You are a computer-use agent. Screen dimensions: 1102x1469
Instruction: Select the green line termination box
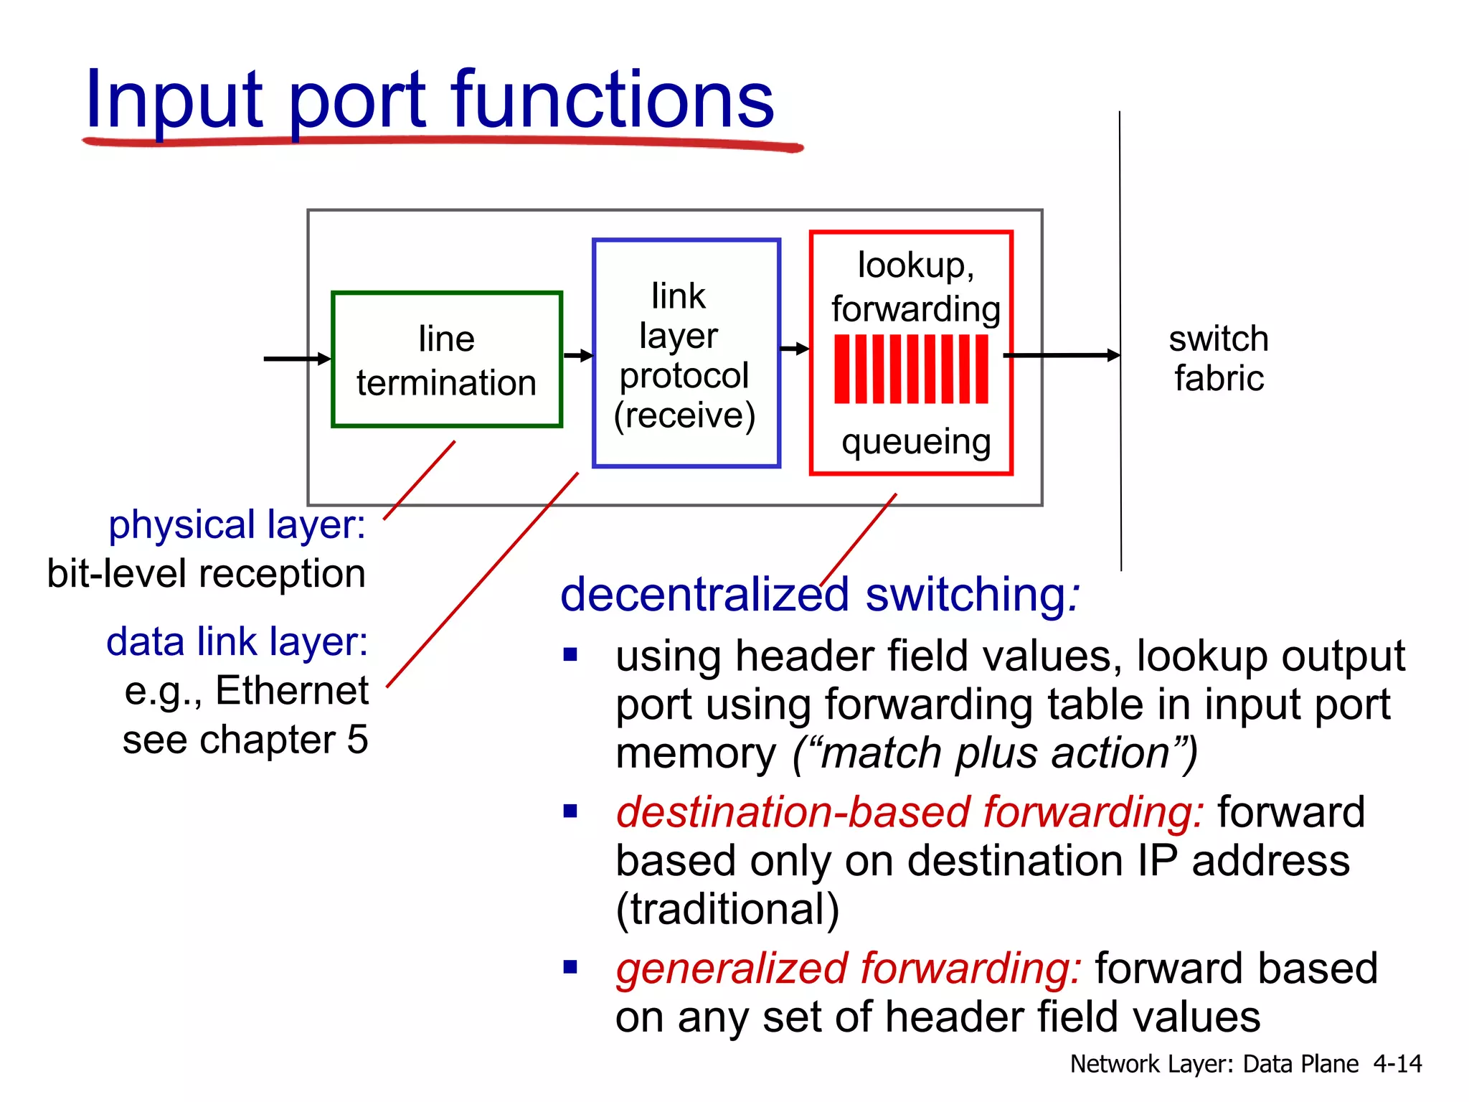(x=446, y=359)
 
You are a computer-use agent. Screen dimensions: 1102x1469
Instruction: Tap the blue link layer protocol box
(x=686, y=353)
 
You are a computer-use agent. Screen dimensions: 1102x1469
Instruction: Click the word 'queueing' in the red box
(x=916, y=442)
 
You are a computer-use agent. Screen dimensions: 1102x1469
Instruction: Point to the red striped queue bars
(x=911, y=369)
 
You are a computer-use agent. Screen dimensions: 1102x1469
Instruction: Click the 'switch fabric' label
(x=1219, y=358)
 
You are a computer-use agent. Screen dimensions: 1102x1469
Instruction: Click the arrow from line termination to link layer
(x=578, y=355)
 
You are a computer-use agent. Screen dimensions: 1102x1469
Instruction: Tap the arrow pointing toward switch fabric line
(x=1062, y=355)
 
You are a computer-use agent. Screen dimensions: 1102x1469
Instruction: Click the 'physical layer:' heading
(x=237, y=524)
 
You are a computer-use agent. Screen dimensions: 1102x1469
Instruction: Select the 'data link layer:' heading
(x=237, y=641)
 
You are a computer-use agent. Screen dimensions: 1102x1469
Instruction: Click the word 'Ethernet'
(x=292, y=690)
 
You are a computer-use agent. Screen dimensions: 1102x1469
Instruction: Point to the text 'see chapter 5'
(x=245, y=740)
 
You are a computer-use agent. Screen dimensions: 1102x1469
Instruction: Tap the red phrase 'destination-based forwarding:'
(x=910, y=812)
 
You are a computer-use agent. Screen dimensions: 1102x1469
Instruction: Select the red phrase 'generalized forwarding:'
(x=848, y=968)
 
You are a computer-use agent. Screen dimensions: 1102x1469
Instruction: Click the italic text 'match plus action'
(x=996, y=753)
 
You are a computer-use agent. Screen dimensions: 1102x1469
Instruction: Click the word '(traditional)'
(x=727, y=909)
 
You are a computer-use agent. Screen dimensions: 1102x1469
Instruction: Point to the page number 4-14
(x=1397, y=1063)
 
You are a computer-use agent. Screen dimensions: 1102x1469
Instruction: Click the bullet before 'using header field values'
(x=570, y=654)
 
